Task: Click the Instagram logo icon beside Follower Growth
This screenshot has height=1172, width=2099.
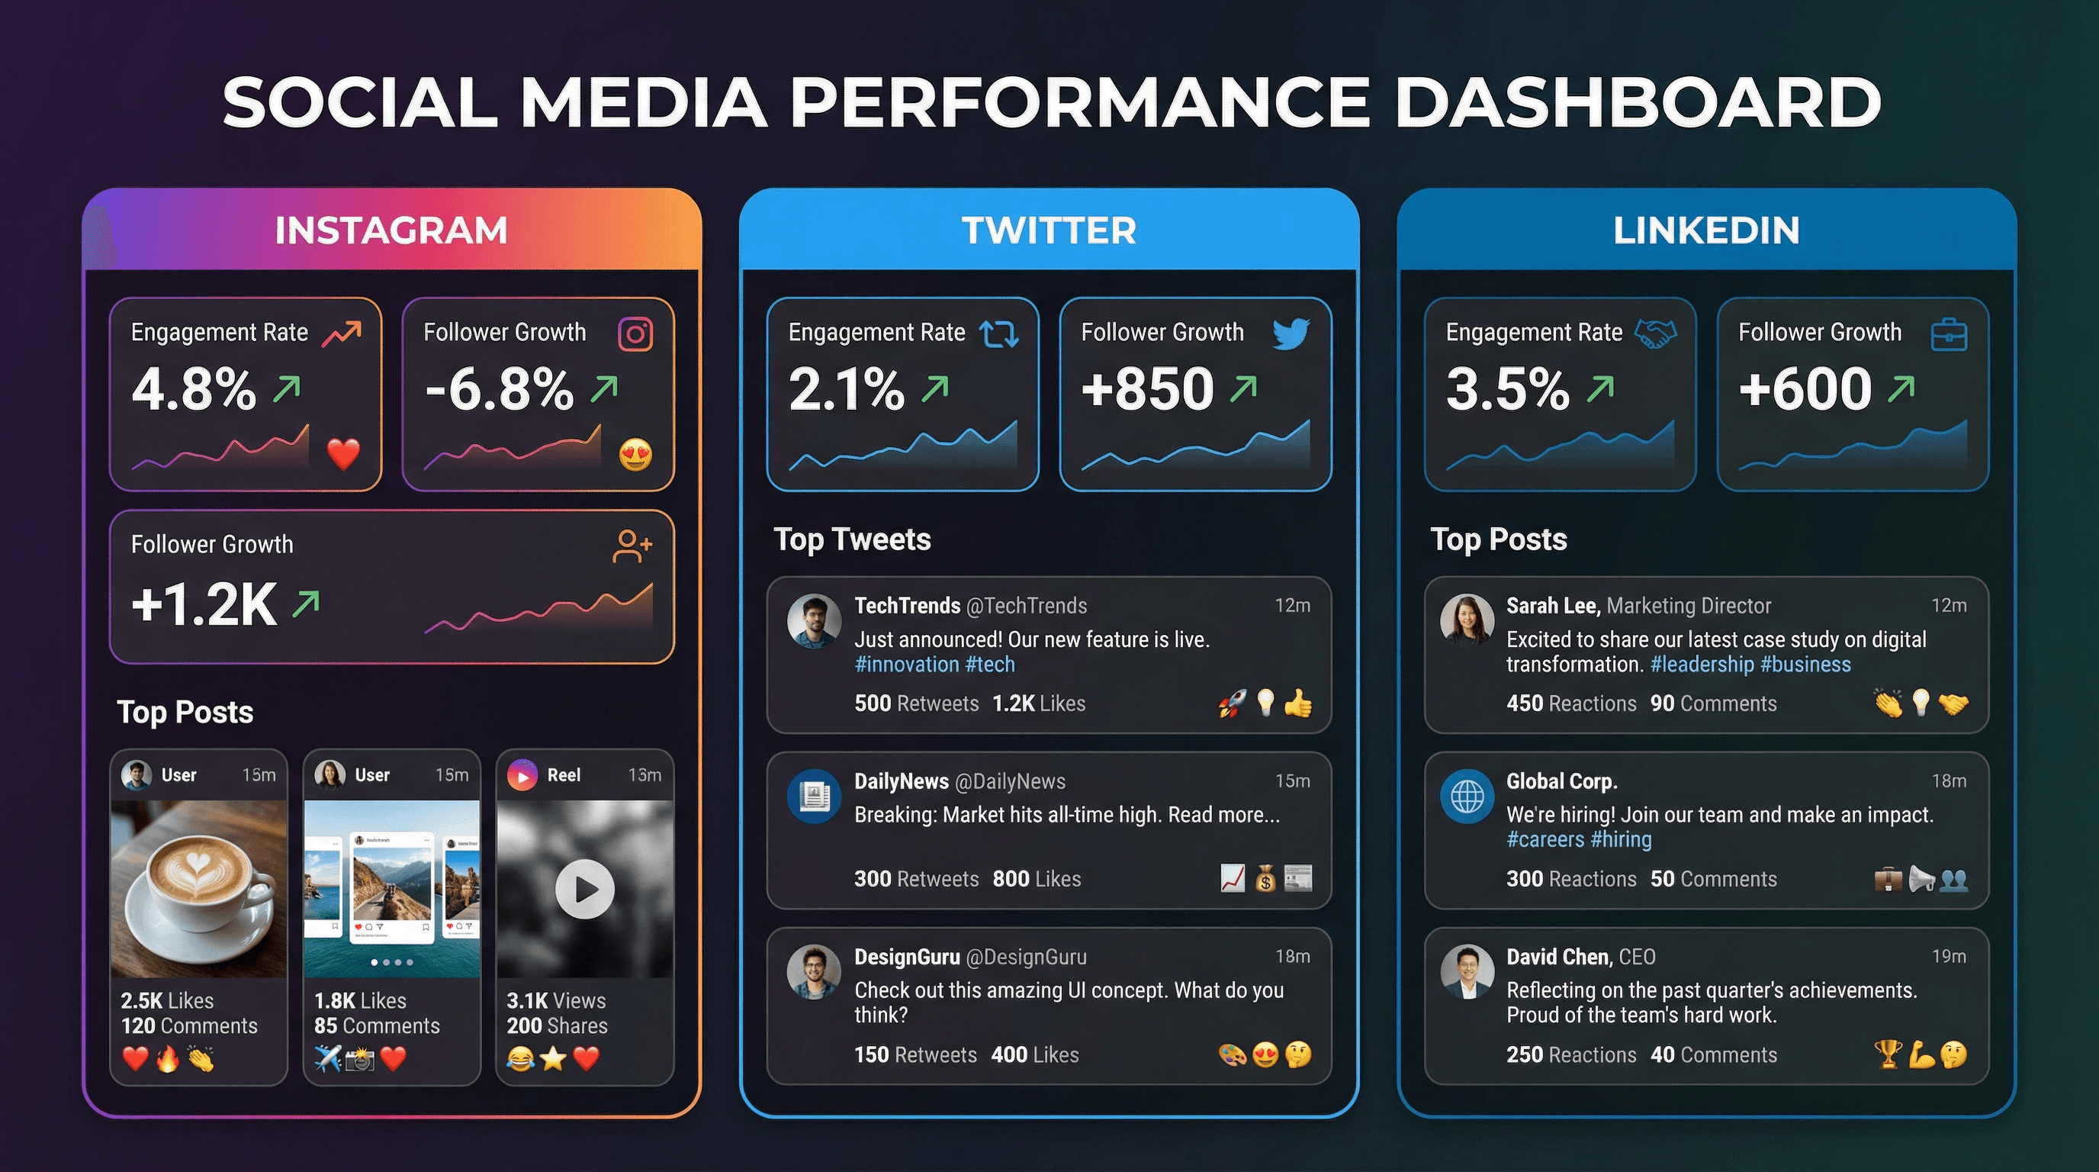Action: click(x=635, y=334)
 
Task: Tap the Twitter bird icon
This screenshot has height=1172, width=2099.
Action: click(x=1291, y=333)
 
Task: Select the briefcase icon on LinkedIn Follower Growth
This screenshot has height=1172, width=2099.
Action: click(x=1949, y=335)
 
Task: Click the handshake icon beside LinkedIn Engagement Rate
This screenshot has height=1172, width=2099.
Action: click(x=1656, y=333)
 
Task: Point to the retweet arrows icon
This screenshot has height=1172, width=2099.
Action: click(x=999, y=334)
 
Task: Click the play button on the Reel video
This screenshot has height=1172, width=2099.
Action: click(x=584, y=889)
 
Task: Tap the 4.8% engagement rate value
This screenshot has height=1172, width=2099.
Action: click(x=194, y=389)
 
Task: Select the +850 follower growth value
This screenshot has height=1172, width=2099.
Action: click(x=1147, y=389)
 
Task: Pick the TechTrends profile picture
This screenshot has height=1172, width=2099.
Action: click(x=813, y=621)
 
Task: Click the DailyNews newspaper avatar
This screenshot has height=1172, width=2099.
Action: click(x=813, y=796)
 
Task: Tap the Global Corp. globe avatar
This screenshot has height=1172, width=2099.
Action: click(x=1467, y=796)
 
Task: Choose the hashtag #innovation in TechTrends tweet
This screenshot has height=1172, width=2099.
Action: click(x=906, y=665)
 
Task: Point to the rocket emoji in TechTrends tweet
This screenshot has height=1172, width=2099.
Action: click(x=1232, y=703)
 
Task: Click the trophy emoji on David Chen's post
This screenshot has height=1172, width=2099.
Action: click(x=1887, y=1054)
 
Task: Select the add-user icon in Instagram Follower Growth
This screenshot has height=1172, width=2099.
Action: click(x=632, y=546)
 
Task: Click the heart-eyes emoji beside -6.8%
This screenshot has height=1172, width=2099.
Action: click(x=635, y=454)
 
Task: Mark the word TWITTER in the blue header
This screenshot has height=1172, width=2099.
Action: click(x=1049, y=230)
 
